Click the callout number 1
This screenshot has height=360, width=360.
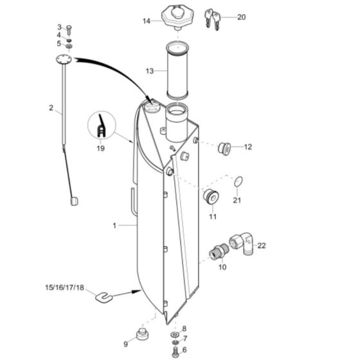pos(114,226)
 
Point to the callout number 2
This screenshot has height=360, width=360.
pos(51,108)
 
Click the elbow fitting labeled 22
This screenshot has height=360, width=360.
pos(243,243)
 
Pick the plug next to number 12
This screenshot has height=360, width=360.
pos(225,147)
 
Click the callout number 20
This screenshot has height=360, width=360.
pos(241,17)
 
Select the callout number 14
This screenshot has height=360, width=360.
pos(147,21)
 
